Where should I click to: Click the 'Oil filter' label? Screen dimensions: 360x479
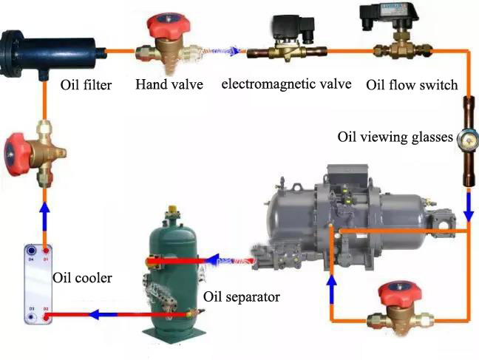[x=86, y=85]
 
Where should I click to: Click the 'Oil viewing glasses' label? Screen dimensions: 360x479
[x=395, y=137]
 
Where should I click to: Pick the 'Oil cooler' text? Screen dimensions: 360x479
[x=83, y=279]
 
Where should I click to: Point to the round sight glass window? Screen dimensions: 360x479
[x=467, y=137]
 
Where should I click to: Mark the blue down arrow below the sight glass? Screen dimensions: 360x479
[x=468, y=211]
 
